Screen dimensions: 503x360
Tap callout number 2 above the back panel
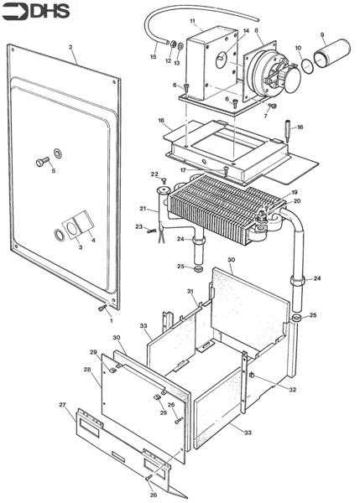click(x=71, y=47)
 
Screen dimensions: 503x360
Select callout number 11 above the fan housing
click(x=192, y=20)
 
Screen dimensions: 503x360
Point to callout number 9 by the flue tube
click(x=322, y=34)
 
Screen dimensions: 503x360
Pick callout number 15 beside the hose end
click(x=153, y=56)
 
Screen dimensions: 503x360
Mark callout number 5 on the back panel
click(x=53, y=170)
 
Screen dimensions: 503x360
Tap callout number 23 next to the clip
click(x=138, y=226)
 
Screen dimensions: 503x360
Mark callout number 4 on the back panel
click(x=92, y=241)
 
